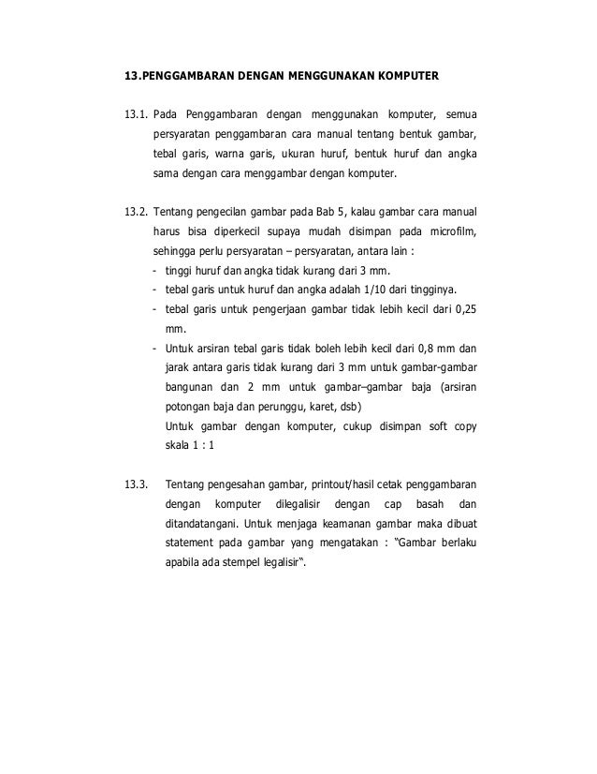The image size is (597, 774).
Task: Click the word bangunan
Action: coord(190,387)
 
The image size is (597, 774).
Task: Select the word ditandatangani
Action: coord(187,526)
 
